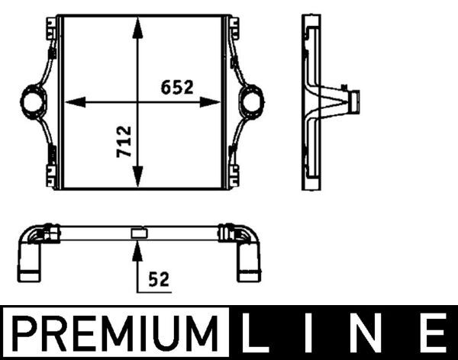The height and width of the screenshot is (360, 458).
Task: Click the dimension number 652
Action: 177,87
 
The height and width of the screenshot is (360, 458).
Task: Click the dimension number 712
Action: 124,142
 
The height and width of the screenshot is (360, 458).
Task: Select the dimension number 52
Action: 159,279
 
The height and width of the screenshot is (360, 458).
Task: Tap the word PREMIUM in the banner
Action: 114,333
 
